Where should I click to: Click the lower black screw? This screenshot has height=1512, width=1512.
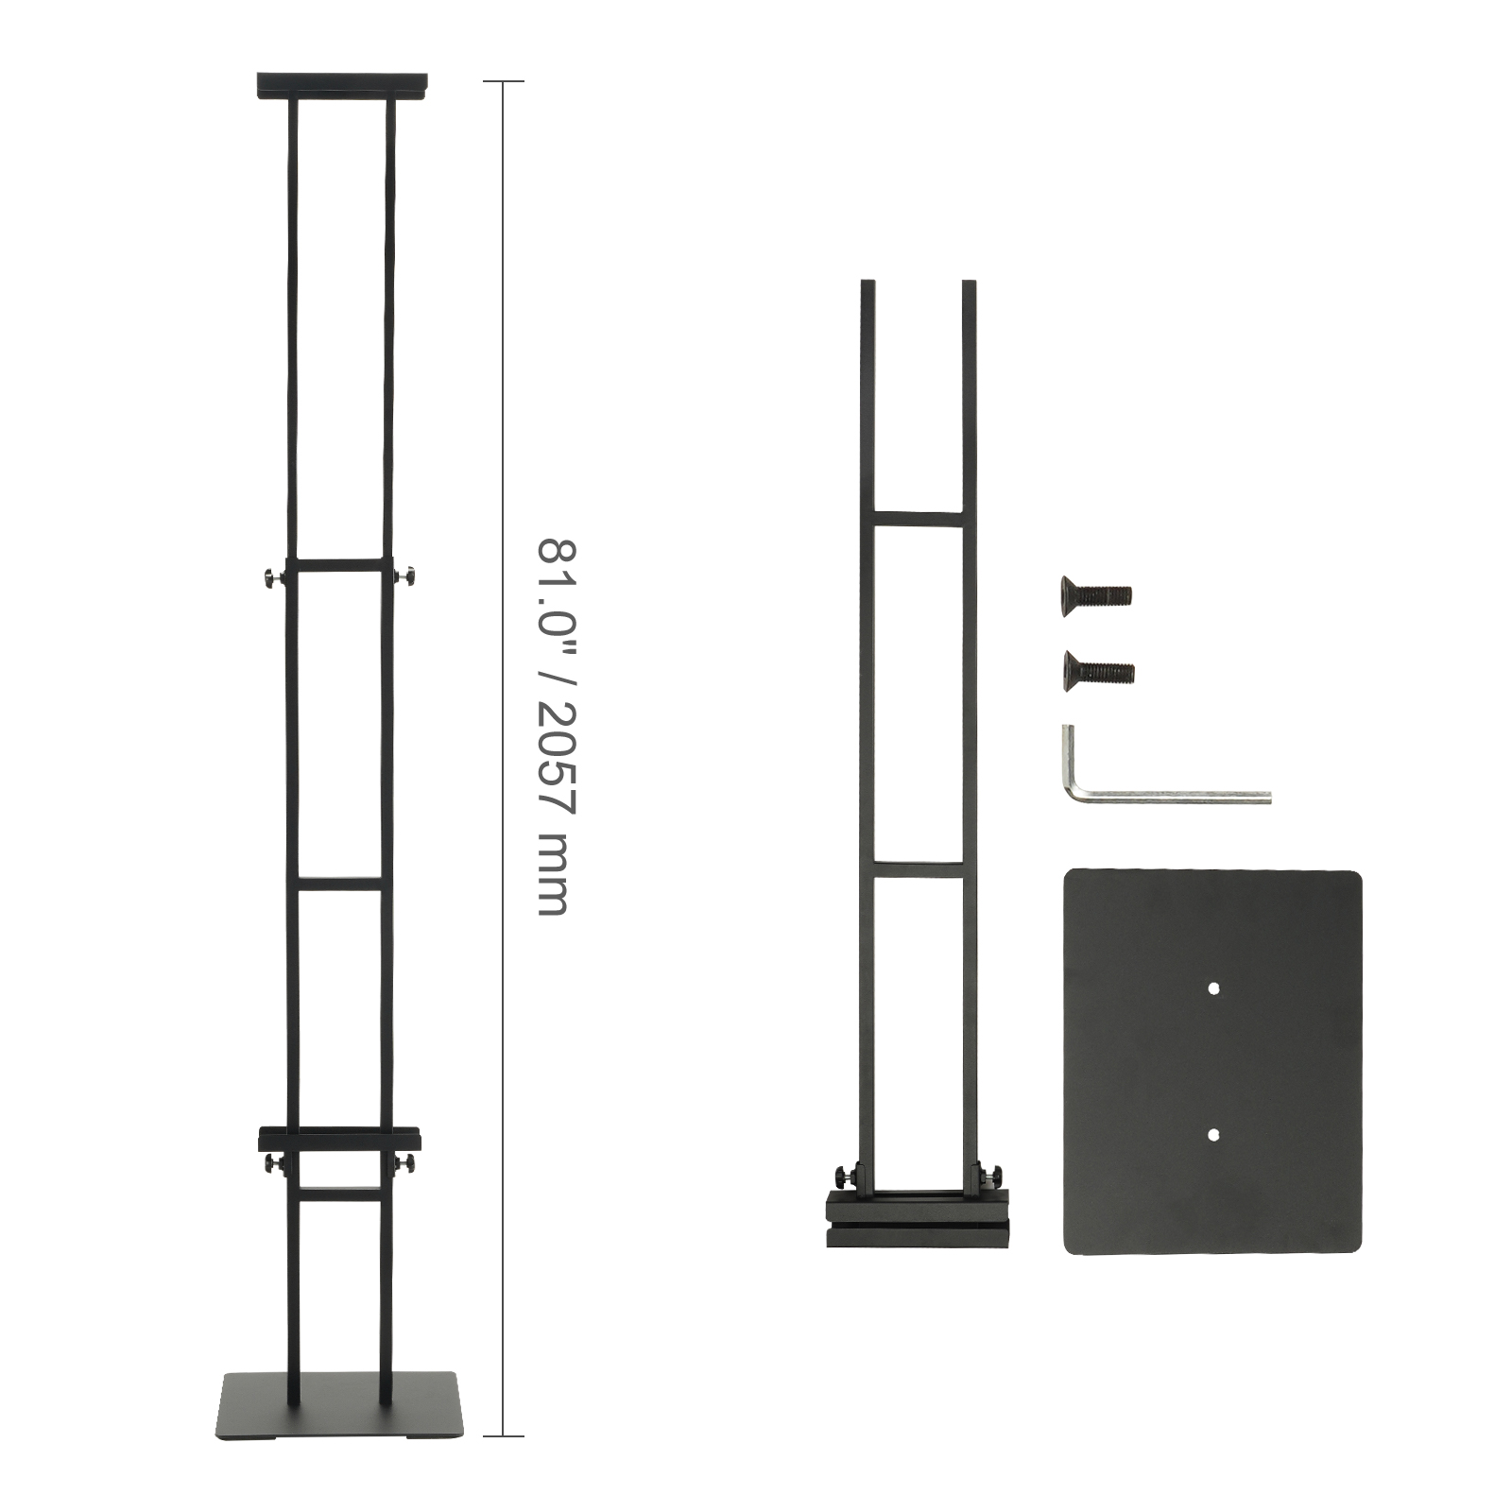[1098, 671]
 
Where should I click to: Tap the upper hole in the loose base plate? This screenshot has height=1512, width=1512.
[1213, 988]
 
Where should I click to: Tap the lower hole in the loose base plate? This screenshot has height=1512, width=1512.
[1213, 1134]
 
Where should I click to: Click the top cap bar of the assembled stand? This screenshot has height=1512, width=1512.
[341, 86]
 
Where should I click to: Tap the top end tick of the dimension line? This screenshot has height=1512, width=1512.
[503, 82]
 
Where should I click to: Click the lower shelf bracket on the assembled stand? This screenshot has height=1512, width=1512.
[340, 1138]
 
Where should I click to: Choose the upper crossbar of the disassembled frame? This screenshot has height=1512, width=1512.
[917, 519]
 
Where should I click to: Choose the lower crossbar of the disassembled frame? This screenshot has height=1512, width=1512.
[917, 868]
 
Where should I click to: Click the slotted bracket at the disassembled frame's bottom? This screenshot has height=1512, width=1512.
[917, 1219]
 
